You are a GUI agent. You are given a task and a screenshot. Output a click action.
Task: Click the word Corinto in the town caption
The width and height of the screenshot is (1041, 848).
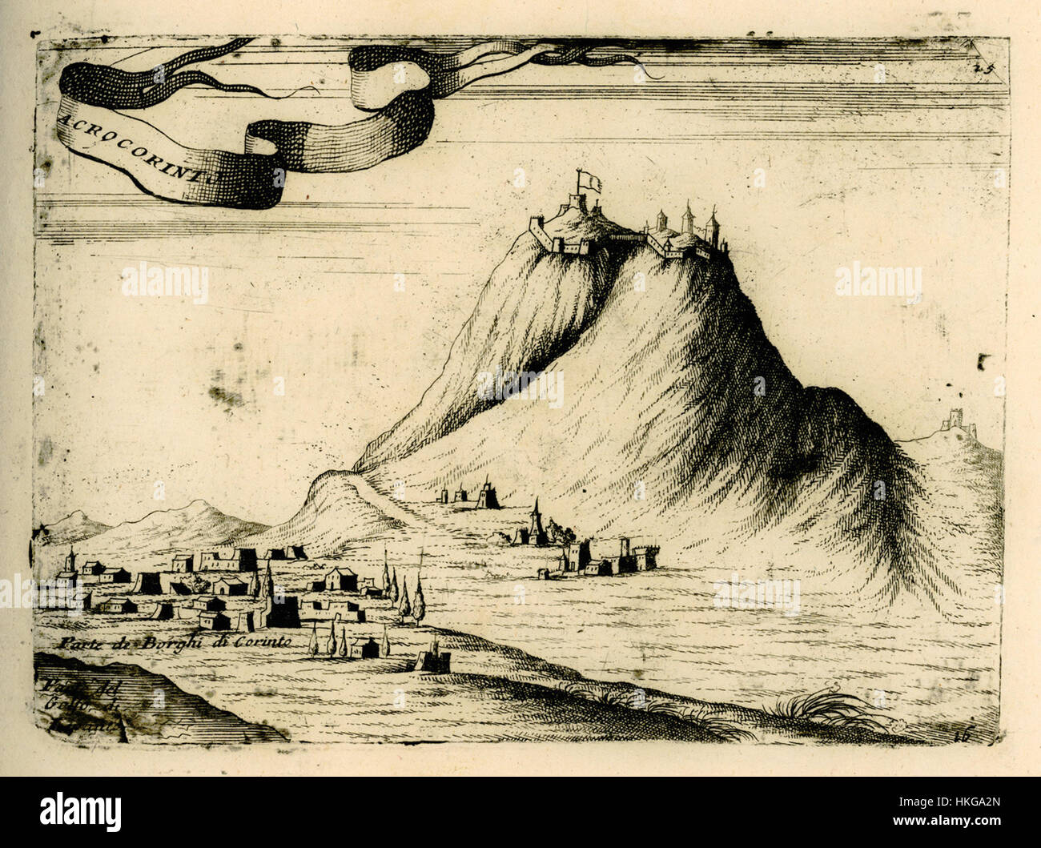pos(269,642)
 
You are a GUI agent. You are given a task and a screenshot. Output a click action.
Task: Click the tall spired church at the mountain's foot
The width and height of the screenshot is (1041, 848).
pos(535,523)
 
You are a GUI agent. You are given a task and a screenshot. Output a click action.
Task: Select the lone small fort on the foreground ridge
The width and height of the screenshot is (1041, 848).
pos(431,658)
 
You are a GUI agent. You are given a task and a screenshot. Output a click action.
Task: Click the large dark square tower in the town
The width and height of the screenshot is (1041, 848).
pos(281,610)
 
